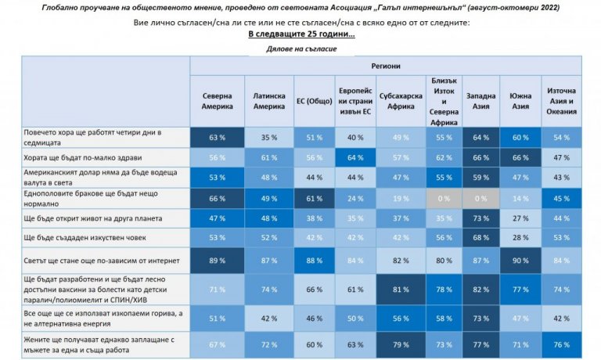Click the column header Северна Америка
(218, 101)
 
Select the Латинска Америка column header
(269, 101)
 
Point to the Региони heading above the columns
(386, 67)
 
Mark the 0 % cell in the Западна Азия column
(480, 198)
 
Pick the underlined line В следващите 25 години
(301, 35)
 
